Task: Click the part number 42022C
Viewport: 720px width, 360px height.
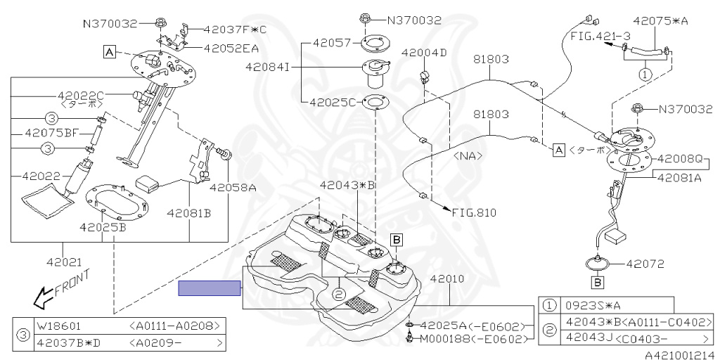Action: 81,96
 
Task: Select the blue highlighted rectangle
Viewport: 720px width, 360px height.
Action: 210,288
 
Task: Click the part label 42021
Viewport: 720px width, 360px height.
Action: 64,262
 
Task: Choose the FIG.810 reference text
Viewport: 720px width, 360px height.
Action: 475,212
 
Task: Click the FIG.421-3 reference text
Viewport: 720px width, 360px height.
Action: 600,36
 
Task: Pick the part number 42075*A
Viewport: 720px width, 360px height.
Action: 660,20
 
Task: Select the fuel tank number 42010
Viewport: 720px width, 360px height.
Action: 446,278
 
